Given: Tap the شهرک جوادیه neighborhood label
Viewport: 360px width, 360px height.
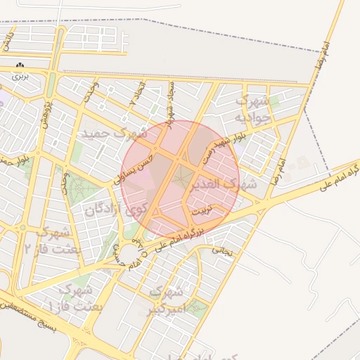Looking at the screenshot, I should click(252, 110).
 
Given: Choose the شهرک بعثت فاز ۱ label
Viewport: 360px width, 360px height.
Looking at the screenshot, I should click(78, 298).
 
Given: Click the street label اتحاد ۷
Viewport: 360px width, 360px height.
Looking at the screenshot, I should click(138, 96).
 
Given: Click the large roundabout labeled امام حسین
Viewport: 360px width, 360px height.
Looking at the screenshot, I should click(131, 252).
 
